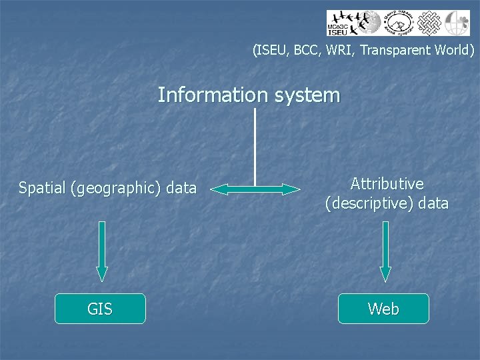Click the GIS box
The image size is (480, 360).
pyautogui.click(x=100, y=309)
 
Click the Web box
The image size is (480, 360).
pyautogui.click(x=383, y=309)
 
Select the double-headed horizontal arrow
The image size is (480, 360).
pyautogui.click(x=255, y=190)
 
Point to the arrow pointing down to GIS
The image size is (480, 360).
pyautogui.click(x=102, y=251)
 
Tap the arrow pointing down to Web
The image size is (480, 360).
pyautogui.click(x=385, y=251)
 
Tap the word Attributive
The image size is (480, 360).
pyautogui.click(x=387, y=183)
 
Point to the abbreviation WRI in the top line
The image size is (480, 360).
pyautogui.click(x=339, y=50)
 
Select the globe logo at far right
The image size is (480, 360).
pyautogui.click(x=457, y=23)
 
